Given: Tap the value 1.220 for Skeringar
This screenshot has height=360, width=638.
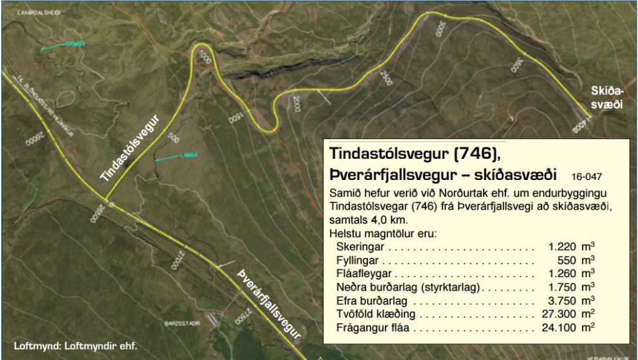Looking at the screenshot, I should (563, 247).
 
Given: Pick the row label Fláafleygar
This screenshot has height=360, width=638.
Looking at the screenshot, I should (365, 274).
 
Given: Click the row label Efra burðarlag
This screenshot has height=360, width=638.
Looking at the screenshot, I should (370, 301).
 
